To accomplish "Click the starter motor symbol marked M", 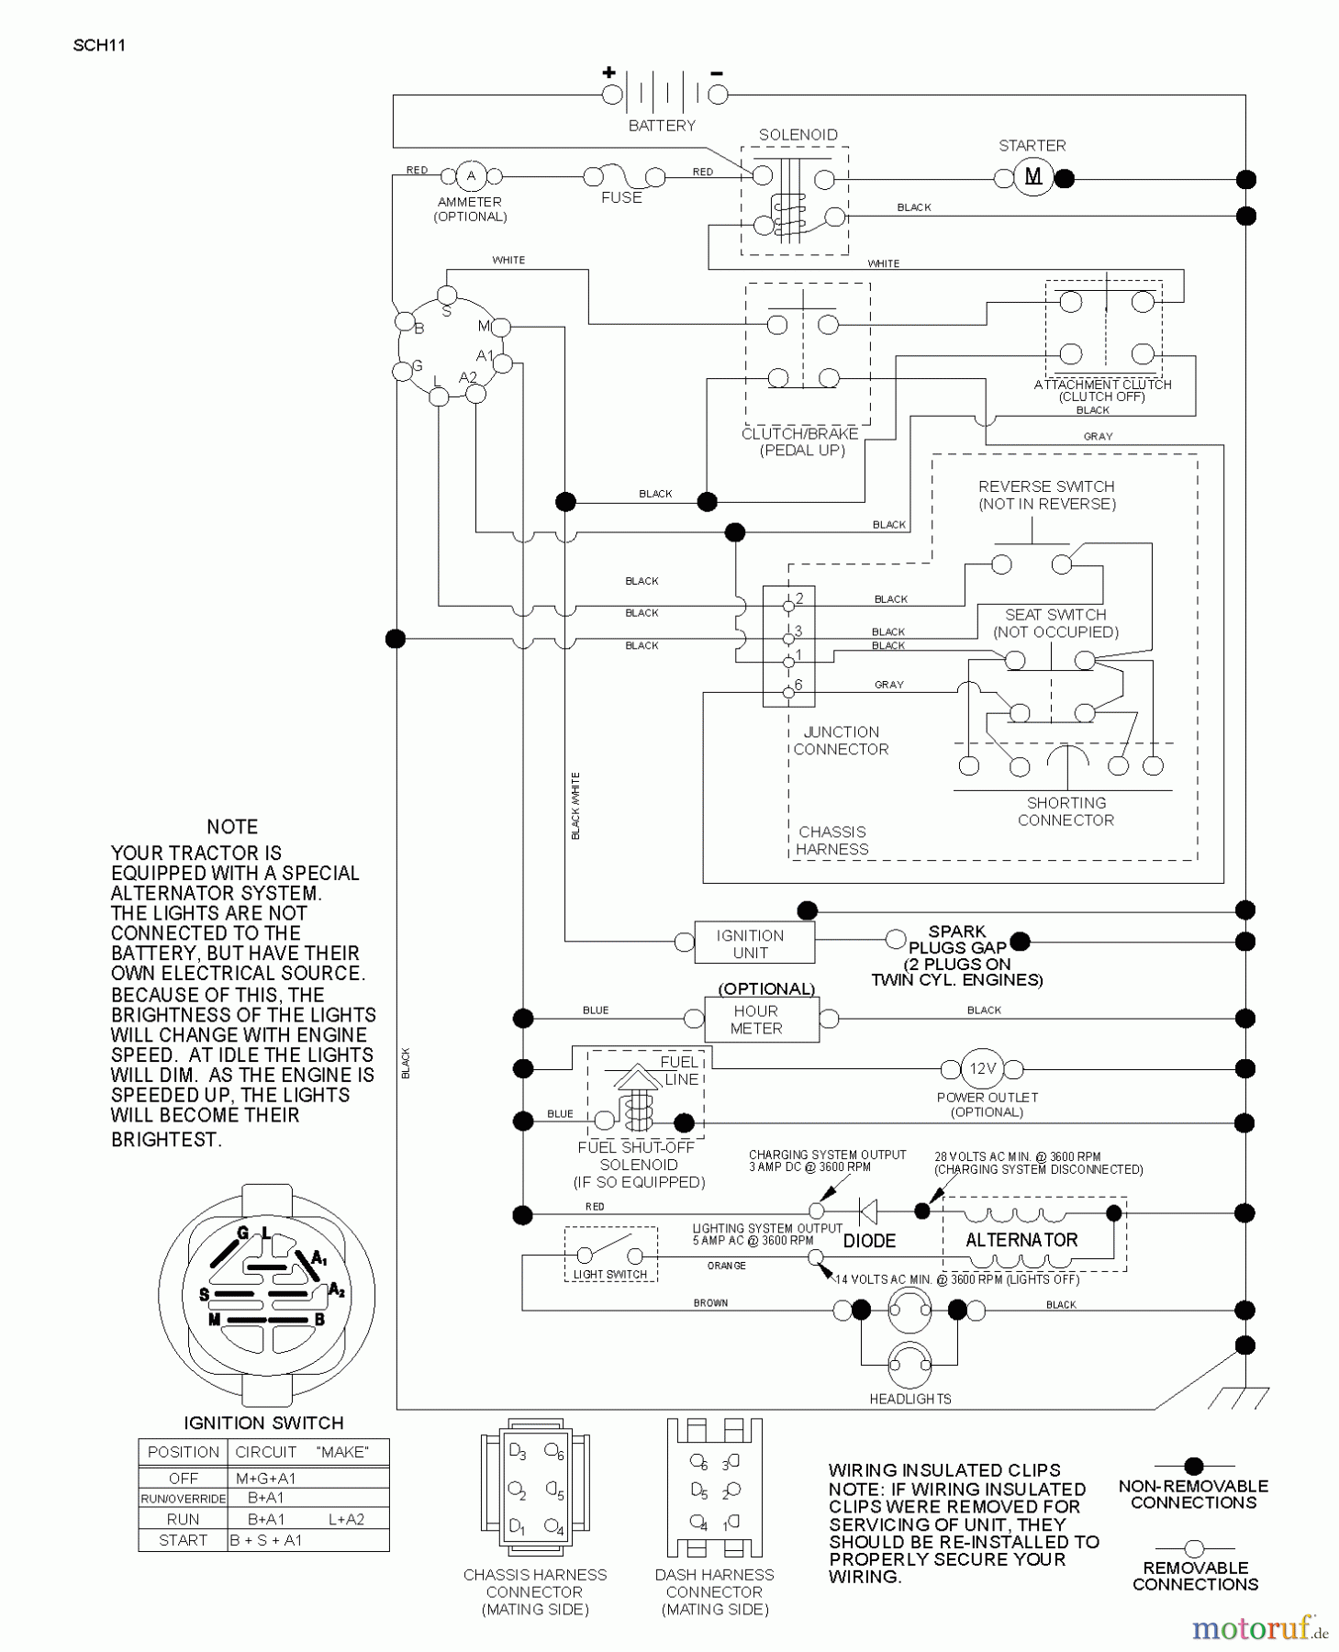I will [1033, 176].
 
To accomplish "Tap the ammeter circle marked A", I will [471, 176].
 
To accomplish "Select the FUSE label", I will [621, 197].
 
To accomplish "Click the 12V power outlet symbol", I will [982, 1068].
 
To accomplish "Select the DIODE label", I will [868, 1241].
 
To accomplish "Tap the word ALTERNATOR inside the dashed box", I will [1021, 1240].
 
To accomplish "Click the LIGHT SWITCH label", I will [610, 1274].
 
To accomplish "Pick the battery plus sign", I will [608, 73].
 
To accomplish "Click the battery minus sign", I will [717, 73].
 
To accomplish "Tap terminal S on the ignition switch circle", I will [447, 295].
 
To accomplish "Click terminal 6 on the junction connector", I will [788, 692].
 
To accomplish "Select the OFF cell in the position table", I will [183, 1478].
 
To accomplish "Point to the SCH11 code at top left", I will [99, 45].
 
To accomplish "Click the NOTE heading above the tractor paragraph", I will [232, 826].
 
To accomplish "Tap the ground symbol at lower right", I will [1239, 1398].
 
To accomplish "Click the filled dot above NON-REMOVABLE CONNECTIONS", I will [1193, 1466].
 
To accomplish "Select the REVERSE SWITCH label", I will [1046, 486].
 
